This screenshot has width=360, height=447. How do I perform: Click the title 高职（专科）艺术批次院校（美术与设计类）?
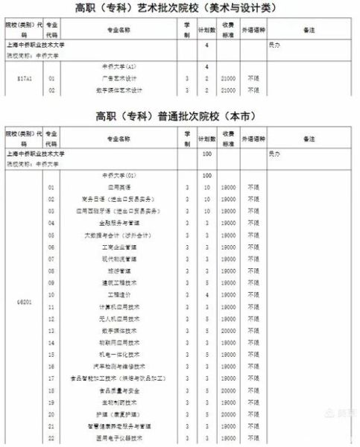(x=180, y=8)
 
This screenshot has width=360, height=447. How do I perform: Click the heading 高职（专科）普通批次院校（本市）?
(x=180, y=117)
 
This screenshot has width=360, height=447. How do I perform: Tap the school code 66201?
(x=25, y=306)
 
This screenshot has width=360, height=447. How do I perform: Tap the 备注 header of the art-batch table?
(x=310, y=31)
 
